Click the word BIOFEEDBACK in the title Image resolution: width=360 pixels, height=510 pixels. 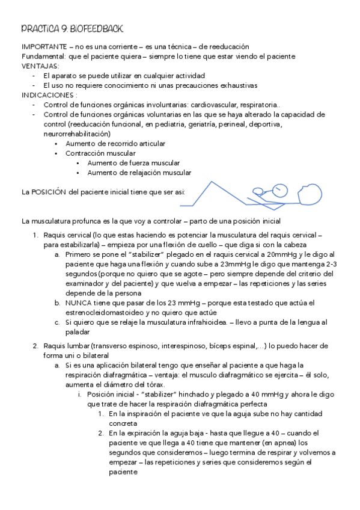click(96, 28)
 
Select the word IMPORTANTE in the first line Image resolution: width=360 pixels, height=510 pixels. click(43, 46)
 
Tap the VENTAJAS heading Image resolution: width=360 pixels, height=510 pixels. click(40, 66)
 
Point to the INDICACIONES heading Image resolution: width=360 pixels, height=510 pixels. click(49, 95)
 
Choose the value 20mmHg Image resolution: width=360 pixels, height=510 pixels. click(270, 254)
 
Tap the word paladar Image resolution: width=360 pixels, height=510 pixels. click(77, 332)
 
